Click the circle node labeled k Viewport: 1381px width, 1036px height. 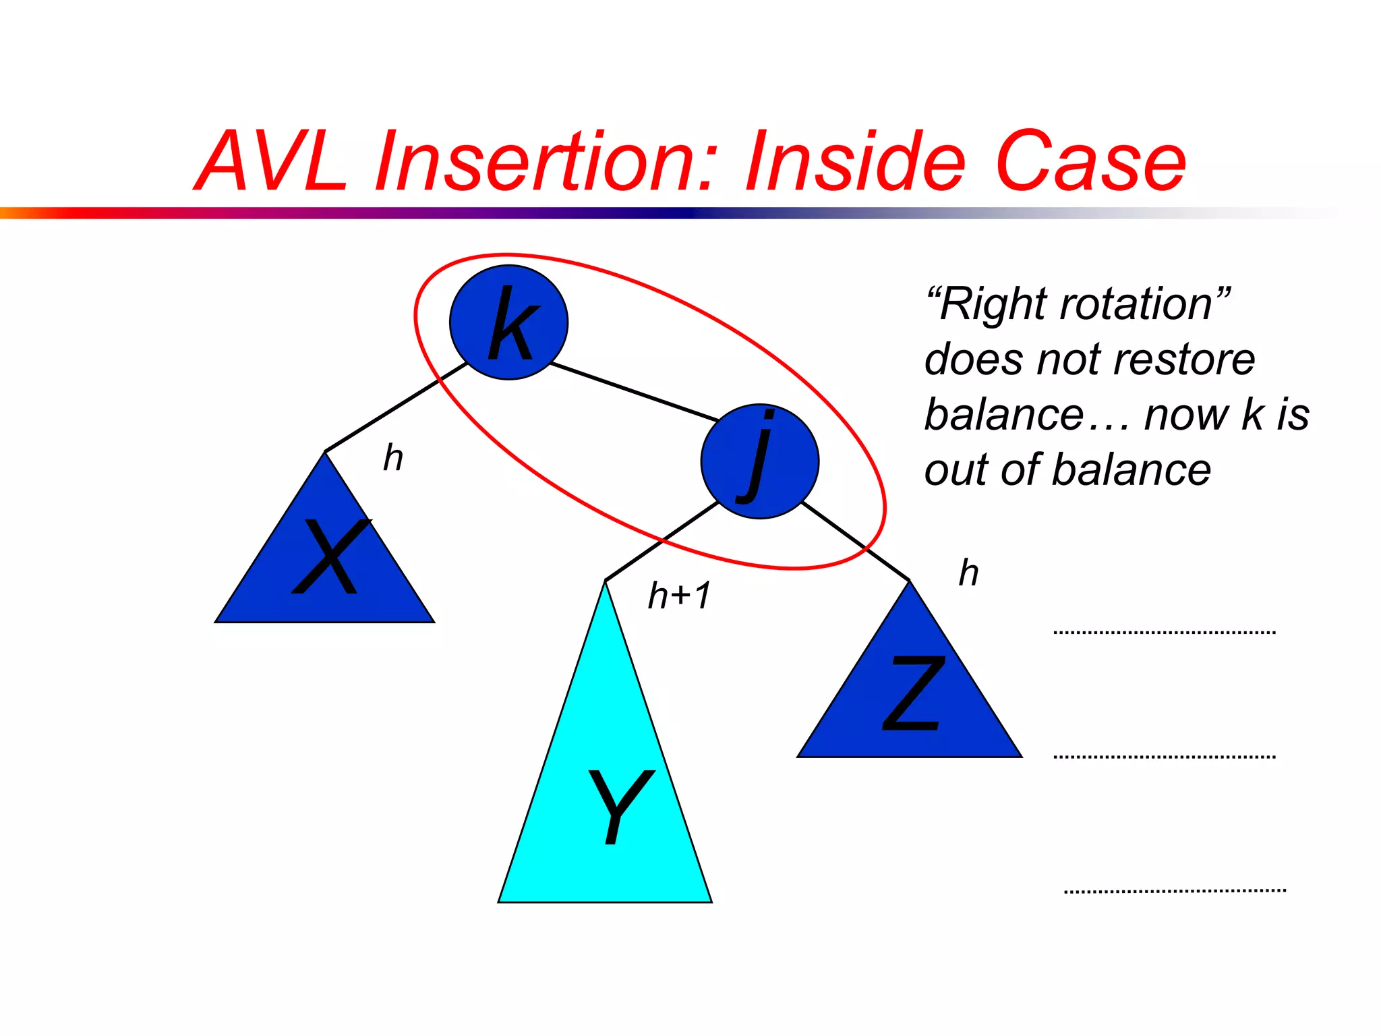[x=508, y=322]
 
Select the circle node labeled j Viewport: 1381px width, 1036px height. [x=760, y=461]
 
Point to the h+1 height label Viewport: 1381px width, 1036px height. [x=679, y=596]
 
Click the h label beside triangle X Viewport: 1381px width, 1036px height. [x=393, y=458]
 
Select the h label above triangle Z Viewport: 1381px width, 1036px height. [x=969, y=573]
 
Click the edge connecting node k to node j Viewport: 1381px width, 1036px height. [x=634, y=392]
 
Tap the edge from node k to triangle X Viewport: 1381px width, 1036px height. [x=396, y=407]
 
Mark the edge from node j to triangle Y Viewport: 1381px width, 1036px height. [x=661, y=542]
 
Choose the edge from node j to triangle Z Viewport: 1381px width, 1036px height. [x=855, y=542]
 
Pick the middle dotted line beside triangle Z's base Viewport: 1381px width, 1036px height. [x=1165, y=757]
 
